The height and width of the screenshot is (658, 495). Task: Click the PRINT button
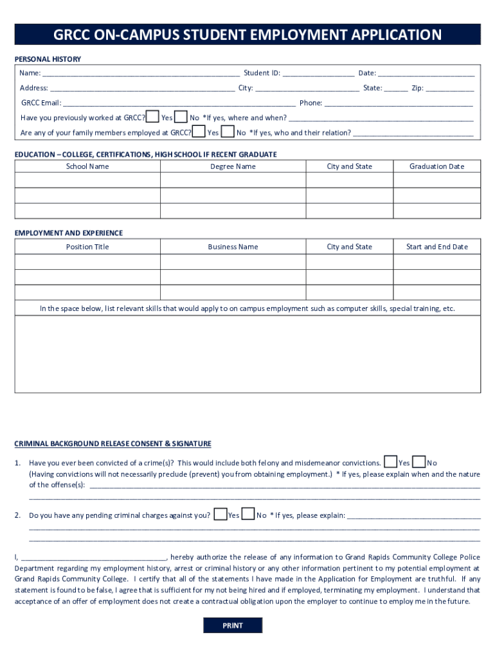(233, 625)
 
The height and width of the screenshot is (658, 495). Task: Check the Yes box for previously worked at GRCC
(152, 116)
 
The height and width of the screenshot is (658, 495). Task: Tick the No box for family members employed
(227, 132)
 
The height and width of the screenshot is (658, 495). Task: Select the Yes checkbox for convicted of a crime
(390, 461)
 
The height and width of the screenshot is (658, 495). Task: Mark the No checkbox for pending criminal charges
(248, 514)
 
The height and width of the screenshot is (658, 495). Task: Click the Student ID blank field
(318, 74)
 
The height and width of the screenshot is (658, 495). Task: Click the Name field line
(141, 74)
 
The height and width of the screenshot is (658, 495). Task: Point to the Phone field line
(399, 103)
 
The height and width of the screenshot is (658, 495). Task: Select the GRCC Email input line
(179, 103)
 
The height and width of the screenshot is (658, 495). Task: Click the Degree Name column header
(233, 166)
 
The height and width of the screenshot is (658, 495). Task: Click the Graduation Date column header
(437, 166)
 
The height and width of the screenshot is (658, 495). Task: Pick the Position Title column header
(87, 247)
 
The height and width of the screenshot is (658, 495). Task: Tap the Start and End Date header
(437, 247)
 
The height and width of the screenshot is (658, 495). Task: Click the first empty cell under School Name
(87, 181)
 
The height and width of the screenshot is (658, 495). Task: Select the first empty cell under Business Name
(233, 262)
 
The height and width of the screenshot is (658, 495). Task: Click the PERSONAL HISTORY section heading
(48, 59)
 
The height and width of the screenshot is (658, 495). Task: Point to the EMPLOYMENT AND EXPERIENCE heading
(69, 233)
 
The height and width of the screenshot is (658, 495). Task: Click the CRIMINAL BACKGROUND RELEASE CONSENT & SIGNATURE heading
(113, 443)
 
